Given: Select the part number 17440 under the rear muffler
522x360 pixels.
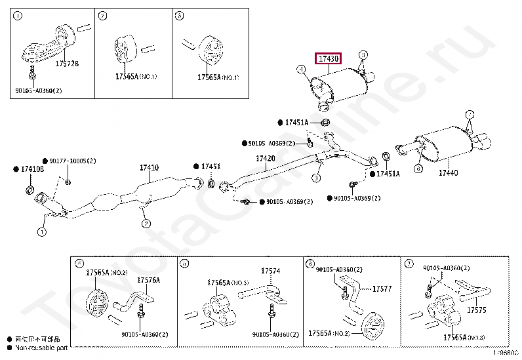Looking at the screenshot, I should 448,172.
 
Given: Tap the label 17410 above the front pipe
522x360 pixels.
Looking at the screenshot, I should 149,168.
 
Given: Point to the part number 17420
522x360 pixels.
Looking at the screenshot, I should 266,159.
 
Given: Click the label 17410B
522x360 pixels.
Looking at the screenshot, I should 32,169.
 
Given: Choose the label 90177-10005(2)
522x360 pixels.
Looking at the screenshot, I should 72,161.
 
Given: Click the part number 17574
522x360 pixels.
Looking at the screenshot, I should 270,271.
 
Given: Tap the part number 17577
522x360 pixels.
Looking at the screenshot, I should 382,288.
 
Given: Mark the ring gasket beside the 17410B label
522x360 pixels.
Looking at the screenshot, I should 29,190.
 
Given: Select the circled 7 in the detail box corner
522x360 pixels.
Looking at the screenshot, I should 409,264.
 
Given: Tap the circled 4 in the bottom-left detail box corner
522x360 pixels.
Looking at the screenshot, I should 79,264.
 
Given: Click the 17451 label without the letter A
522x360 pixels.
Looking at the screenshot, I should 211,167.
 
